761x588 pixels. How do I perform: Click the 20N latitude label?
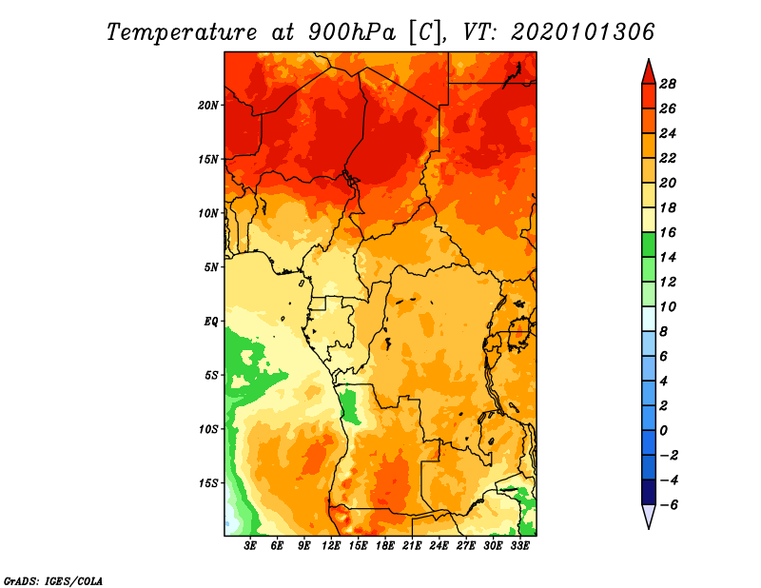pos(208,106)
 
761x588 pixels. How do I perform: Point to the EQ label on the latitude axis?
pos(211,322)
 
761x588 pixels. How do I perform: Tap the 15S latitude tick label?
pos(208,483)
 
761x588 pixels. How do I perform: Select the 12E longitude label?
pos(331,546)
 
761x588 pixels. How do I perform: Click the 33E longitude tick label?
pos(520,546)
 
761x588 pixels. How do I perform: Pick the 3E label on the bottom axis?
pos(250,546)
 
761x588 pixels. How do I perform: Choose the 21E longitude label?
pos(412,546)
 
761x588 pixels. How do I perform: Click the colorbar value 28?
pos(668,84)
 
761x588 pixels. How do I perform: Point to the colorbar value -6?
pos(670,505)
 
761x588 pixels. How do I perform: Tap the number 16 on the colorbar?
pos(668,232)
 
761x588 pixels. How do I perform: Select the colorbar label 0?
pos(663,431)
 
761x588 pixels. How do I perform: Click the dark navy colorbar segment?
pos(649,492)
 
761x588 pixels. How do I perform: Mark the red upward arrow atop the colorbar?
pos(649,73)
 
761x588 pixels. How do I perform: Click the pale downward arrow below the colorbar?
pos(649,516)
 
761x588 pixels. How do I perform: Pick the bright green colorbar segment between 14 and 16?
pos(649,245)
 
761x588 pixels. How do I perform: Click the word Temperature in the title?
pos(182,32)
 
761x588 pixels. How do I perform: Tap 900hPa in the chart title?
pos(352,32)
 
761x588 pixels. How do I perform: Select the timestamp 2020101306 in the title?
pos(583,32)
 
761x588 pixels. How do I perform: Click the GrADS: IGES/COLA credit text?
pos(53,580)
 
